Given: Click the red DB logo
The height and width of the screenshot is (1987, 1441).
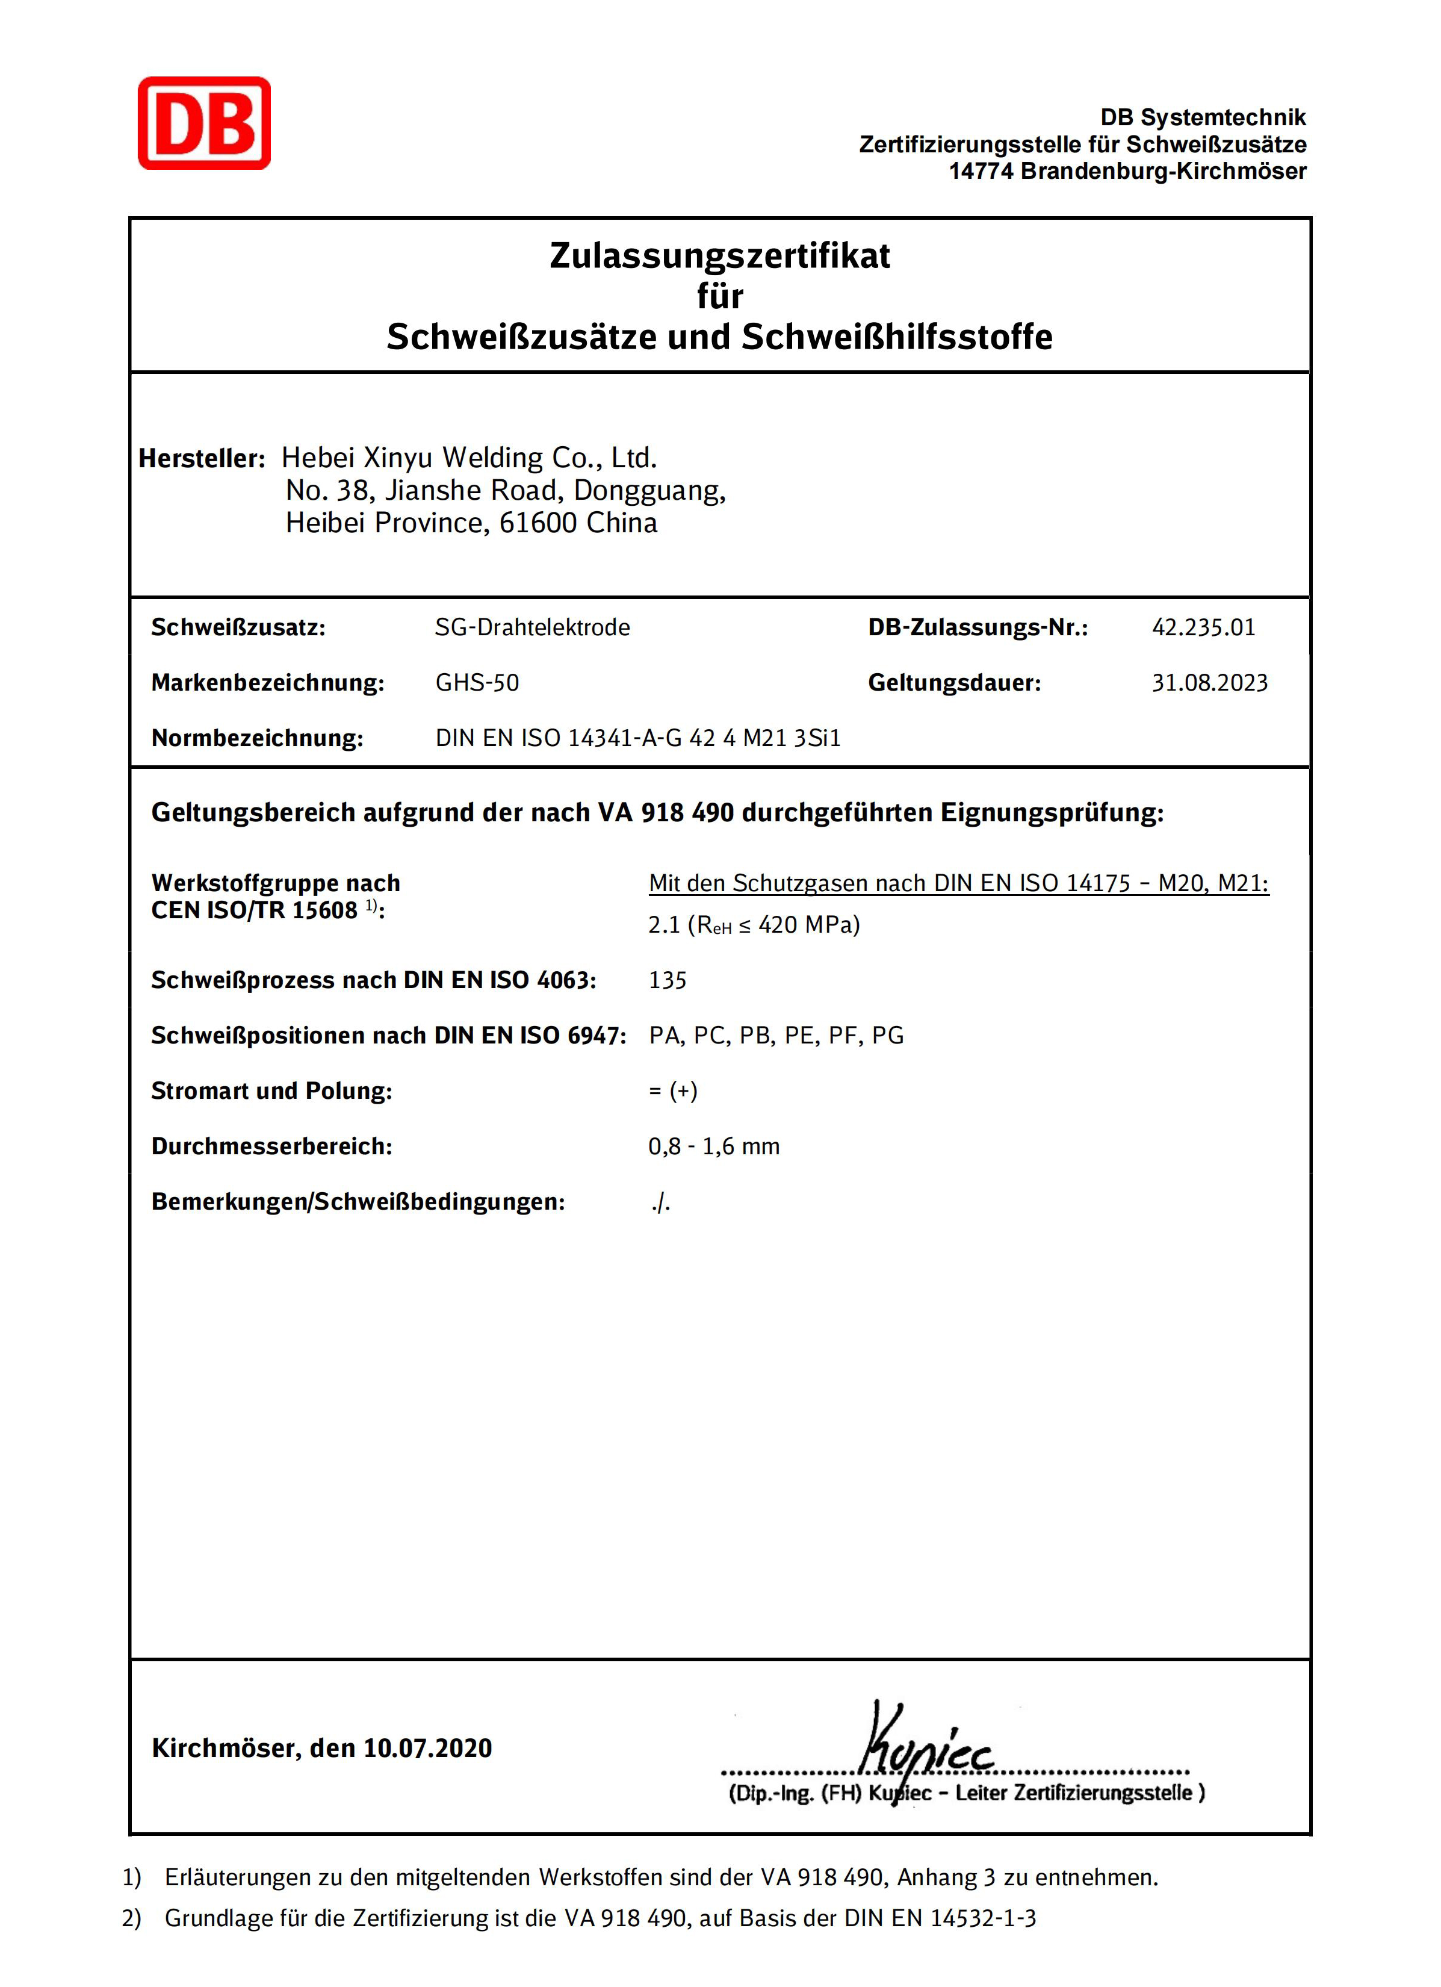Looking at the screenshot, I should (x=204, y=123).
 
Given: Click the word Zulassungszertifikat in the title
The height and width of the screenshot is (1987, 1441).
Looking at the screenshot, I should (x=719, y=256).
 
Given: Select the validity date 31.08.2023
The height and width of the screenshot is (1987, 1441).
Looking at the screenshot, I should (x=1209, y=682).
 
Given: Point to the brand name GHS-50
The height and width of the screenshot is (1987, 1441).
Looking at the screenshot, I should (x=477, y=682).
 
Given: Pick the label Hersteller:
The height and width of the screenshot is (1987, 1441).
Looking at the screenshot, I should (x=202, y=458).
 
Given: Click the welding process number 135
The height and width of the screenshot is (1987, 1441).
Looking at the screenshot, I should (x=668, y=980).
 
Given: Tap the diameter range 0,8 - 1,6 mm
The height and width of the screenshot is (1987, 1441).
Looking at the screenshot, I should (x=713, y=1146).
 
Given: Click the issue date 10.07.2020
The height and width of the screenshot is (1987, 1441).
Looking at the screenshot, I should (x=427, y=1748).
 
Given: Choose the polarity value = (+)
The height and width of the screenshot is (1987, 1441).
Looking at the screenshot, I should (x=673, y=1091).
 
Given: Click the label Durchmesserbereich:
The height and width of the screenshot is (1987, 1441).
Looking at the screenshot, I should (x=271, y=1146).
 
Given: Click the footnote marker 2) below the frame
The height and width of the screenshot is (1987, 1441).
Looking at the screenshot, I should (x=131, y=1919).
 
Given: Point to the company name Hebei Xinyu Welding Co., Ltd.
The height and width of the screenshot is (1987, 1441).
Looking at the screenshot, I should (x=469, y=458).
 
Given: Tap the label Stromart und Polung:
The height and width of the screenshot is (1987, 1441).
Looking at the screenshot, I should (x=271, y=1091).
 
